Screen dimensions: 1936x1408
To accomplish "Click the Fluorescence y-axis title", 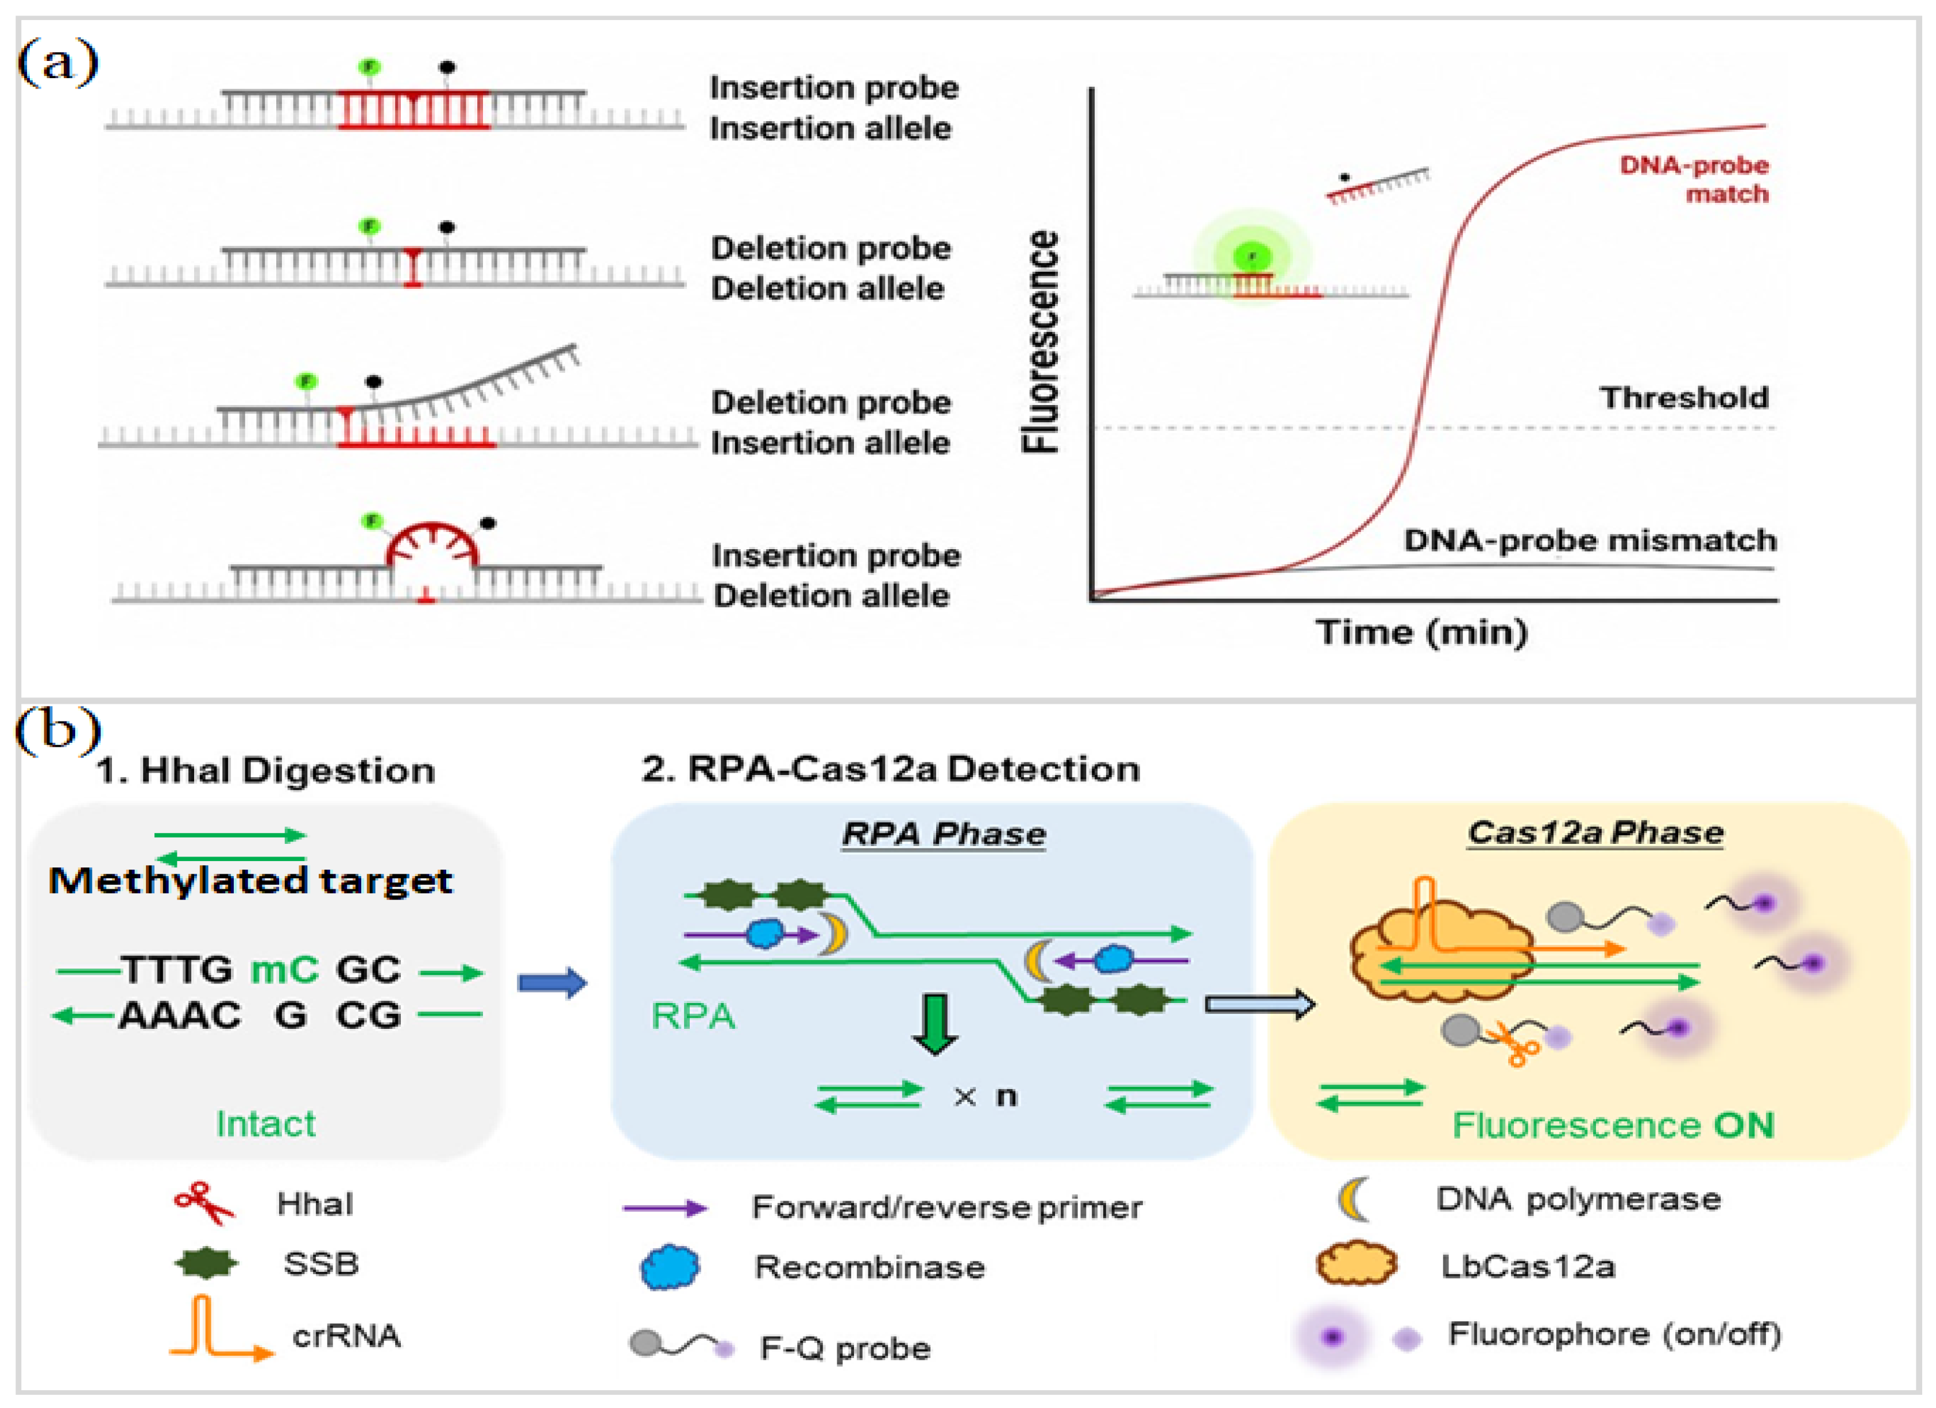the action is tap(1041, 342).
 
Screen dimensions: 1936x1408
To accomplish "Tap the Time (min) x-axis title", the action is tap(1422, 632).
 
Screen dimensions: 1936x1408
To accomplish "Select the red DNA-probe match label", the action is tap(1694, 179).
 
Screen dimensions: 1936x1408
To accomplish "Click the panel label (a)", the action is tap(58, 63).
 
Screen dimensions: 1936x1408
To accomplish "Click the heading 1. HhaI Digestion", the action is tap(265, 770).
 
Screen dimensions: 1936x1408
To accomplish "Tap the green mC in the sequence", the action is tap(284, 969).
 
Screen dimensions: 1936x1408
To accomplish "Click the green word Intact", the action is tap(265, 1124).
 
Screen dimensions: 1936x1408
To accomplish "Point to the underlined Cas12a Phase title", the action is tap(1595, 832).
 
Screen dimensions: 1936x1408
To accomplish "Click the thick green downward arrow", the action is tap(936, 1024).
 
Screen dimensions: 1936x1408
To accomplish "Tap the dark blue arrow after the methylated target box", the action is tap(552, 983).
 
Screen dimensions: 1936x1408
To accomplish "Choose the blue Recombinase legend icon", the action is tap(670, 1266).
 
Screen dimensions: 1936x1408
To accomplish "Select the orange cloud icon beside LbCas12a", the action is tap(1357, 1264).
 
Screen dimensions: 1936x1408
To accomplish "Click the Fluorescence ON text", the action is tap(1613, 1125).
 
